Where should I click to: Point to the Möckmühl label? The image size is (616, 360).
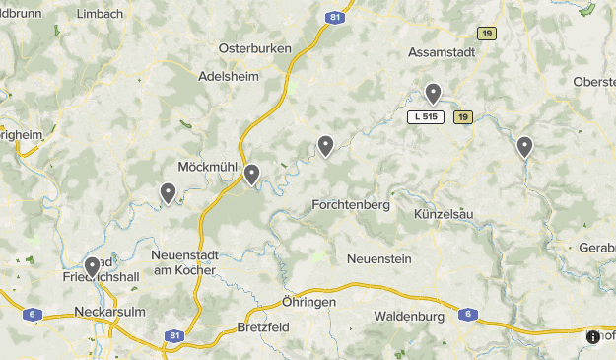pos(209,166)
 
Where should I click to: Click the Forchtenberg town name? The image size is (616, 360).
pos(351,205)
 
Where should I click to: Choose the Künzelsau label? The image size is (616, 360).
pos(445,214)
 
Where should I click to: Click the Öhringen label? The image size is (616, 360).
pos(308,302)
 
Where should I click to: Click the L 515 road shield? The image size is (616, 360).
pos(427,117)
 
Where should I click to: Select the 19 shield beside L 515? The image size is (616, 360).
pos(463,117)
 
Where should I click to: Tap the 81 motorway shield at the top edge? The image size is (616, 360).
pos(337,16)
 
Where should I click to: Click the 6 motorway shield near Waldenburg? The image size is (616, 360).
pos(466,315)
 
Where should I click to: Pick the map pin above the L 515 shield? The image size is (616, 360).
pos(433,94)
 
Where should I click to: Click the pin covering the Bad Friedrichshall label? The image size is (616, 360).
pos(92,266)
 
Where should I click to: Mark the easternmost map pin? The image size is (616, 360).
pos(524,147)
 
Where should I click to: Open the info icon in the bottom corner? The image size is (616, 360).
pos(593,336)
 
